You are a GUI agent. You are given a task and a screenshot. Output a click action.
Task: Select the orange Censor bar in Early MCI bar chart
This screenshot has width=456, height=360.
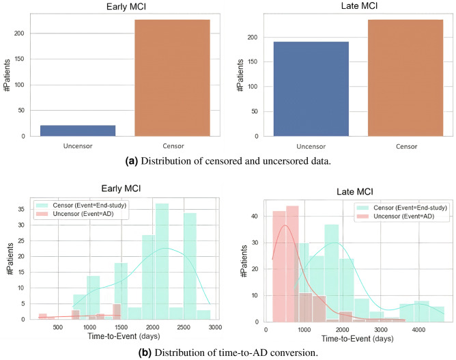pyautogui.click(x=172, y=78)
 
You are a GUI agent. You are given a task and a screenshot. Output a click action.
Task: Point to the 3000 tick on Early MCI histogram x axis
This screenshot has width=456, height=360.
pyautogui.click(x=215, y=327)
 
